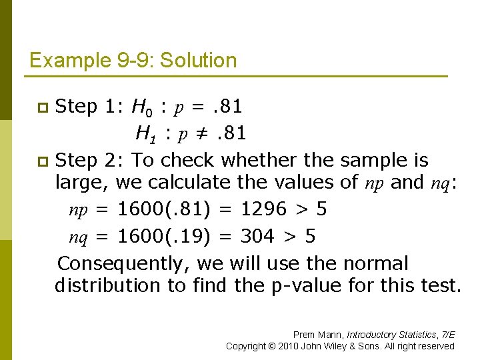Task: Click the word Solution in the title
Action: click(x=201, y=61)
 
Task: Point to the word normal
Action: click(x=373, y=264)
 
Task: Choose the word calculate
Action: click(x=190, y=182)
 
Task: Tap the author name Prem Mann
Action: click(x=318, y=335)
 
